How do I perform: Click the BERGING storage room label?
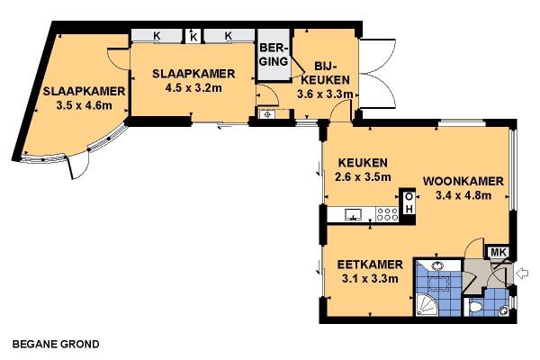coord(274,54)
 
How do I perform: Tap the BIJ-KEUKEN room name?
coord(323,73)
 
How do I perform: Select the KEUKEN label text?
coord(363,162)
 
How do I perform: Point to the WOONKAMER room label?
coord(463,181)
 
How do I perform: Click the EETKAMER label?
coord(370,265)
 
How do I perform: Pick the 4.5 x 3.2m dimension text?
coord(193,88)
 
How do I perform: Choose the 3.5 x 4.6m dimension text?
coord(84,105)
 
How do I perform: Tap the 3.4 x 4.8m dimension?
coord(463,195)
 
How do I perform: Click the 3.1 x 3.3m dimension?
coord(370,278)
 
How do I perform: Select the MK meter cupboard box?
coord(498,252)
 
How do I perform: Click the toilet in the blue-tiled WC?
coord(475,307)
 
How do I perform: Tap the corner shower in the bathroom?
coord(427,305)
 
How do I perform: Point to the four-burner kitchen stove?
coord(387,214)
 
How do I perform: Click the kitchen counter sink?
coord(354,214)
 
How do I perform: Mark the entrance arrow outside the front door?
coord(523,274)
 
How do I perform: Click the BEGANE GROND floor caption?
coord(56,344)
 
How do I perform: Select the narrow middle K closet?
coord(193,36)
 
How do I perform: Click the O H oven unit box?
coord(409,202)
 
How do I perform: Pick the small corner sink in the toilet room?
coord(504,310)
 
